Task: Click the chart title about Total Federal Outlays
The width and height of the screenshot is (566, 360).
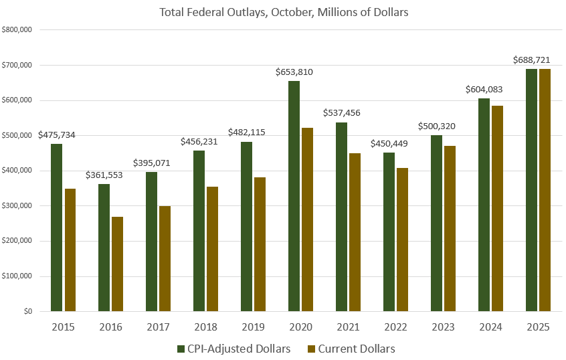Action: (x=283, y=12)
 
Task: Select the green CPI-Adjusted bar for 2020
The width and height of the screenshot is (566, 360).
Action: (x=294, y=196)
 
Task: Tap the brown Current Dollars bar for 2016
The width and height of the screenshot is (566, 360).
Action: (x=117, y=264)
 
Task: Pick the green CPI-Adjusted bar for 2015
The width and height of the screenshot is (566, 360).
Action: (x=56, y=228)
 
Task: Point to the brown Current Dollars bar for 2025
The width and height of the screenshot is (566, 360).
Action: (x=545, y=190)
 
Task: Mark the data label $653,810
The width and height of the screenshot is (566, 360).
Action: (x=294, y=72)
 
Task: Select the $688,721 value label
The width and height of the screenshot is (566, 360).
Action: (x=532, y=60)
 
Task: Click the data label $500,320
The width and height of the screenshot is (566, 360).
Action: (x=437, y=126)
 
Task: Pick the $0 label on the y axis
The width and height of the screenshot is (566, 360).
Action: (x=27, y=312)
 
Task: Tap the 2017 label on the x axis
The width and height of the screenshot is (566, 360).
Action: (x=158, y=327)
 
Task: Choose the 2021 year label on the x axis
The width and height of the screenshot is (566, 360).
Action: (x=348, y=327)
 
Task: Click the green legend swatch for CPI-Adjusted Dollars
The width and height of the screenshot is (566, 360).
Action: (x=180, y=349)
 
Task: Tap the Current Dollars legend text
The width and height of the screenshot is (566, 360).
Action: (x=356, y=349)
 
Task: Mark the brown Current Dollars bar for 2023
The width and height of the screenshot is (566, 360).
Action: (x=450, y=229)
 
